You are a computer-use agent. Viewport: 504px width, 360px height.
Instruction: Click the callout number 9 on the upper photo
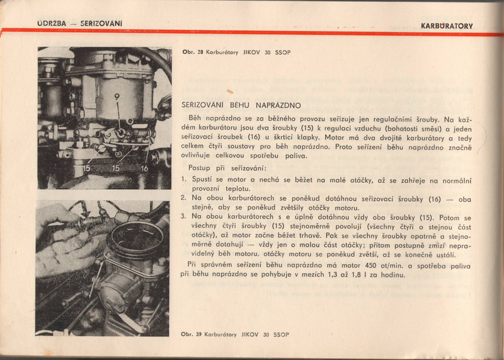pos(117,96)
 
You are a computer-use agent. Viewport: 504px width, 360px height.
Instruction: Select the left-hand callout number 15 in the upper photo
pos(87,169)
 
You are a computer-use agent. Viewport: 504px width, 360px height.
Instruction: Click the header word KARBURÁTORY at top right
pos(447,26)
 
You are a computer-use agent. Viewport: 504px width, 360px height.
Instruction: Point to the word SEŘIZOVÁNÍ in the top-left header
pos(101,23)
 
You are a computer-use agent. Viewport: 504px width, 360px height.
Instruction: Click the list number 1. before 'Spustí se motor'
pos(183,180)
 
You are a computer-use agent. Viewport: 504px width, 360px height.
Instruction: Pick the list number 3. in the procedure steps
pos(183,216)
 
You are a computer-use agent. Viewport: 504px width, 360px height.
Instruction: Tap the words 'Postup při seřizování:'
pos(227,168)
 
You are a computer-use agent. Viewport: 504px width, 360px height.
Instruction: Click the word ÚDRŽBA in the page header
pos(52,23)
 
